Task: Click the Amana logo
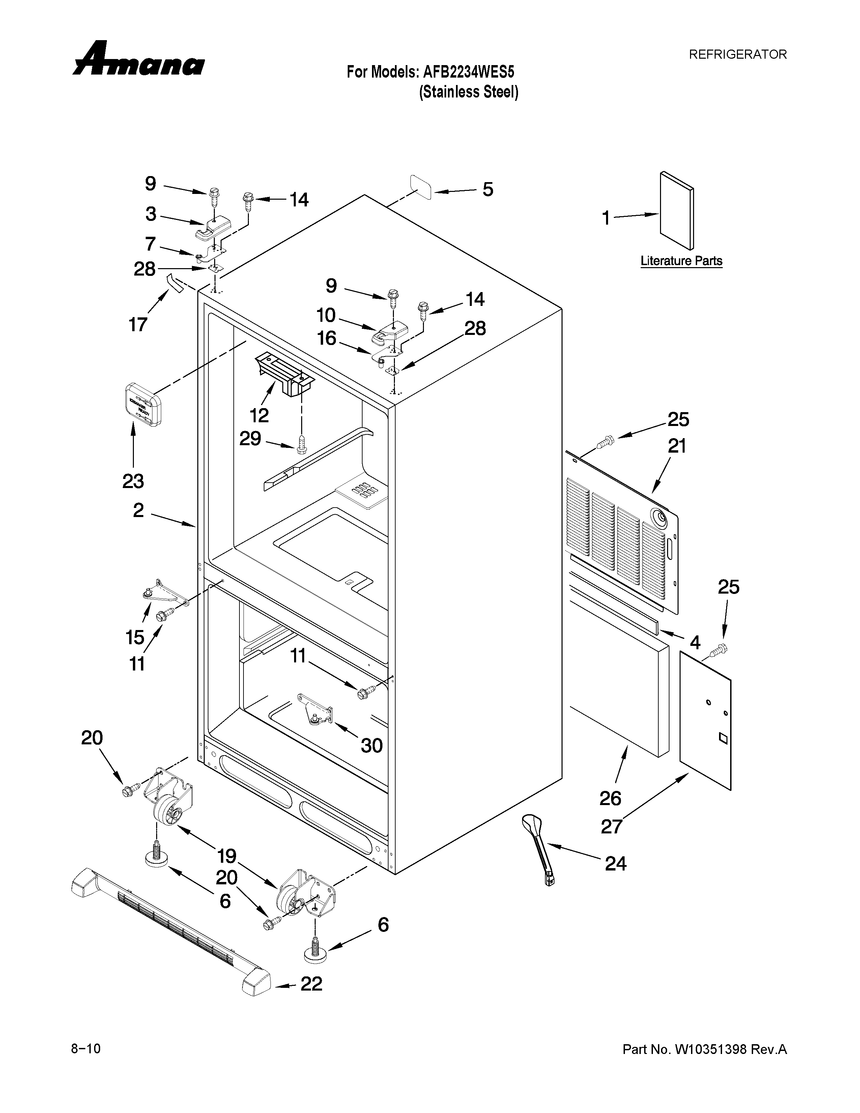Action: pos(139,60)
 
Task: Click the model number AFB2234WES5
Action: pos(468,72)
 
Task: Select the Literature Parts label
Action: pos(681,261)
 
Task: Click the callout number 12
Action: pos(259,415)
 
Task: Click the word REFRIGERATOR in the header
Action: pos(737,55)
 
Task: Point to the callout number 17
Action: pos(138,324)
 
